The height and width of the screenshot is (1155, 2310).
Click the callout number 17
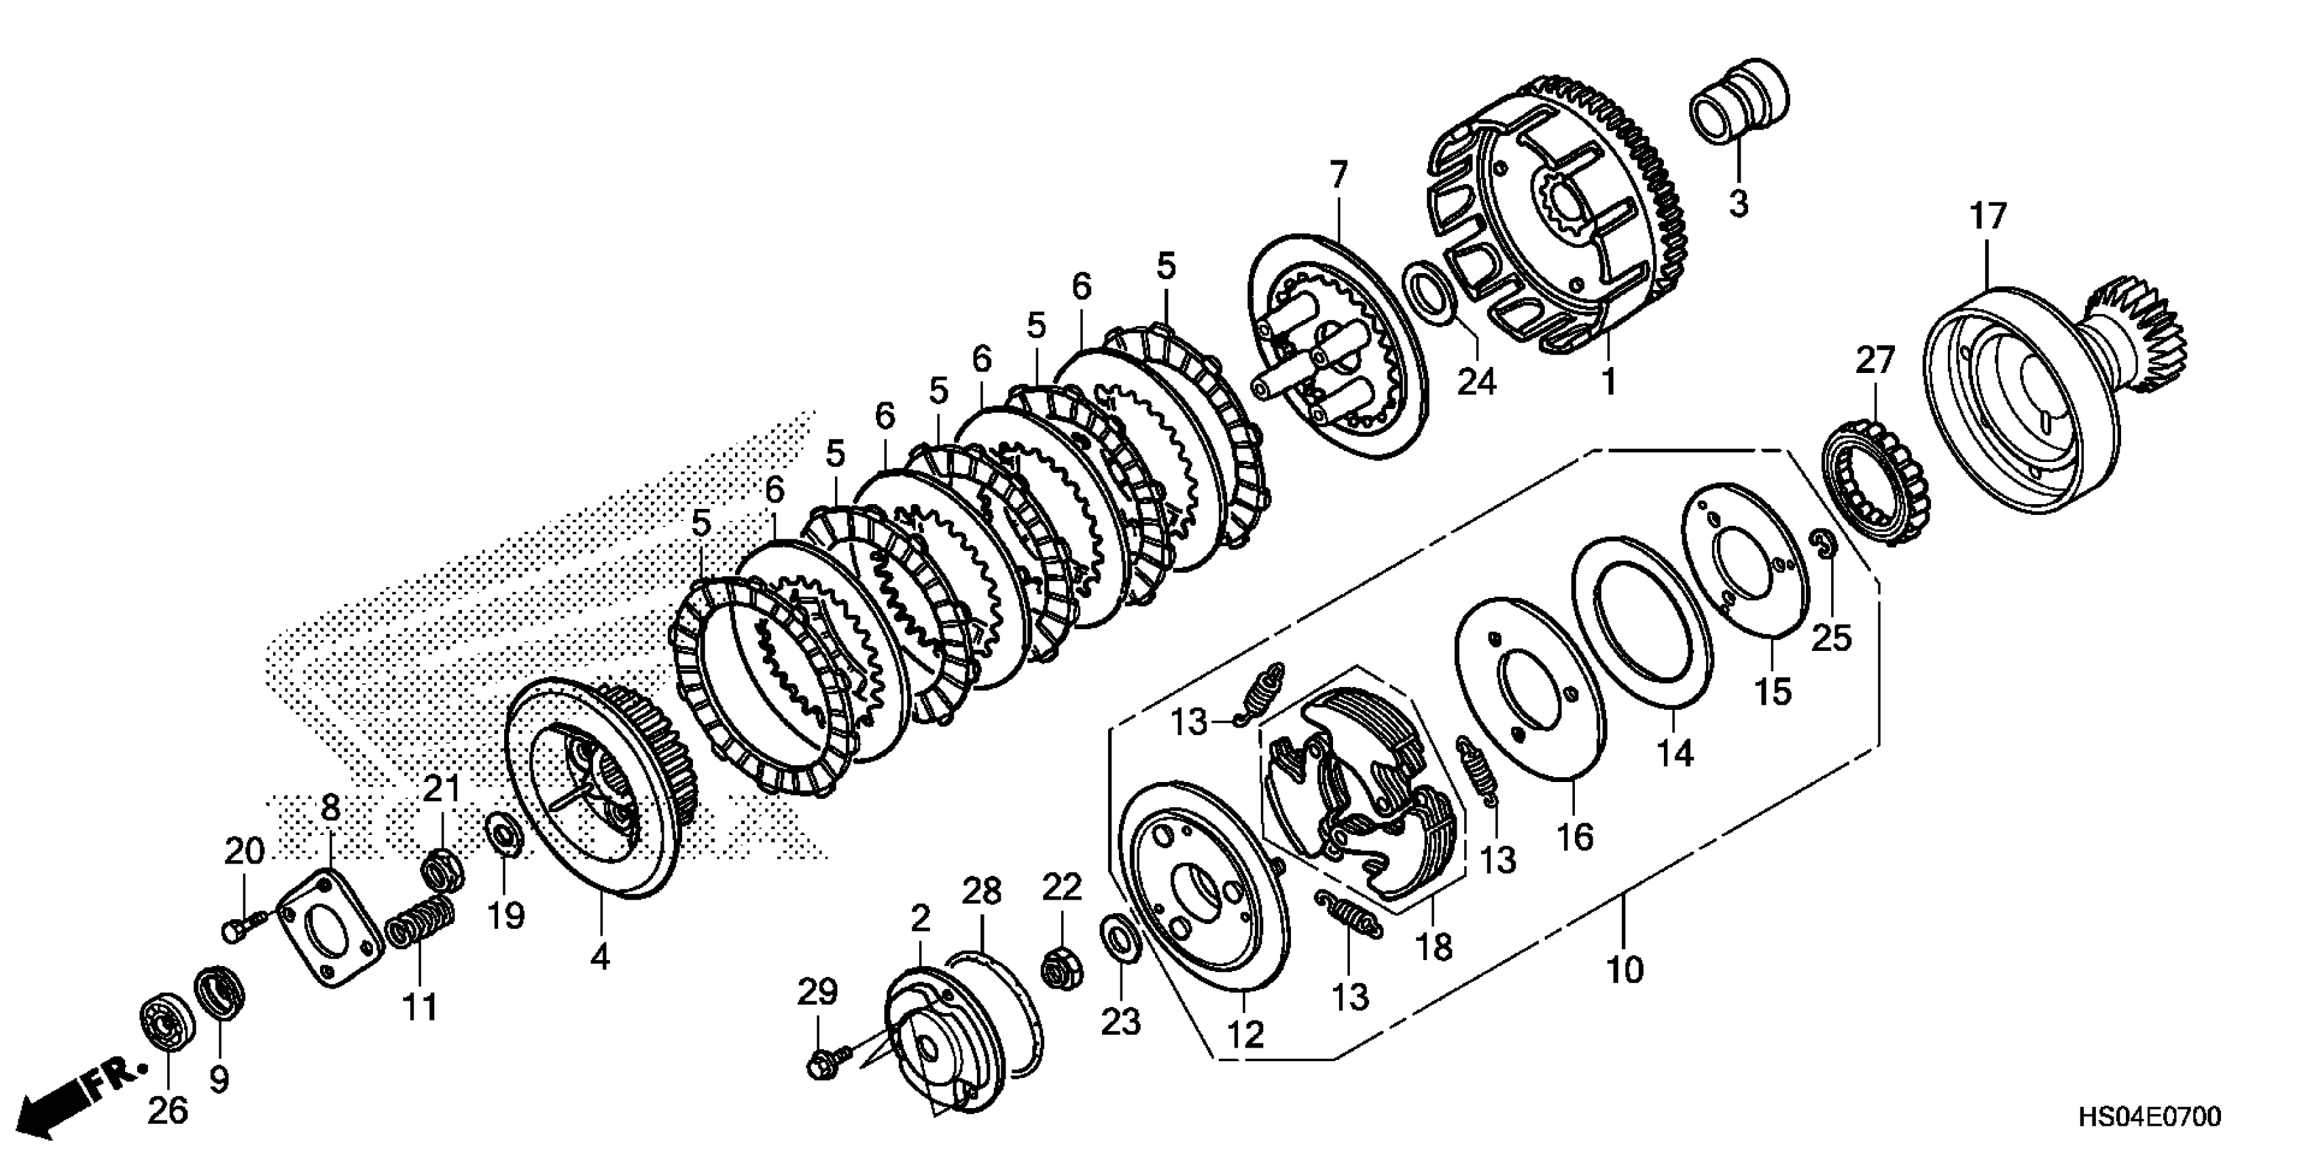1987,219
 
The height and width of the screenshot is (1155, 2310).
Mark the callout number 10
1624,970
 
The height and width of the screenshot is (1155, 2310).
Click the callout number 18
1433,945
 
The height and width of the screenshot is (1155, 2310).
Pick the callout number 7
1338,175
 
